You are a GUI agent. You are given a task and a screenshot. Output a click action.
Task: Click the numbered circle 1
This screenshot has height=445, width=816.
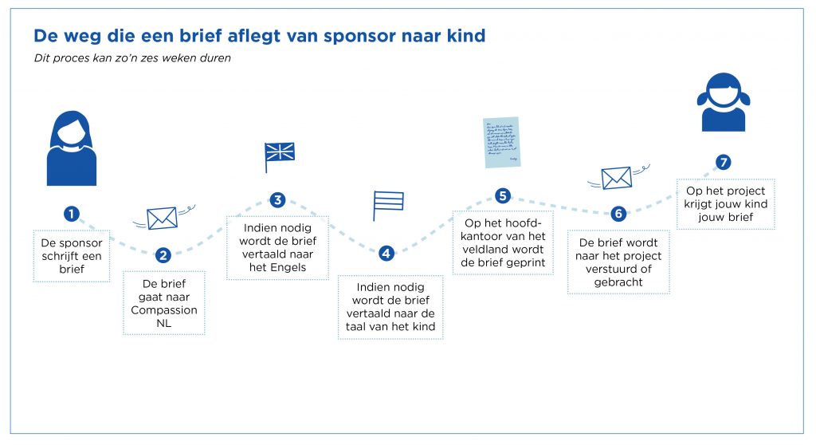[73, 214]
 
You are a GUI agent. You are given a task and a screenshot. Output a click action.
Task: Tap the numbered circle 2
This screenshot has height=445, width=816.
[163, 255]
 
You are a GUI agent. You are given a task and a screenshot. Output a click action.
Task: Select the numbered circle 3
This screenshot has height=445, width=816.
[277, 199]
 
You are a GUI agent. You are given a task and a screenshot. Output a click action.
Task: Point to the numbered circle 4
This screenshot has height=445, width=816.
[386, 254]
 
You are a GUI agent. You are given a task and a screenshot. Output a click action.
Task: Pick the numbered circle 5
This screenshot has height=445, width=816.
[502, 195]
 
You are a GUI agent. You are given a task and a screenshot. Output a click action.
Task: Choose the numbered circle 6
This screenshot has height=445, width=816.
[618, 214]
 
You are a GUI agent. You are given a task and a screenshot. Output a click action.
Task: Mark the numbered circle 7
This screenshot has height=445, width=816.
[724, 162]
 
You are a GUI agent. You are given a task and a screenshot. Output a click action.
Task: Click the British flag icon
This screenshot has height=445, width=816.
[280, 156]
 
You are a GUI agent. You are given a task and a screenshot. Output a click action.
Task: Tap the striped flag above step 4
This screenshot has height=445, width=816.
[388, 205]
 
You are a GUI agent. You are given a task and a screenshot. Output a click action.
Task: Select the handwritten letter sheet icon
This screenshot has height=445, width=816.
[502, 142]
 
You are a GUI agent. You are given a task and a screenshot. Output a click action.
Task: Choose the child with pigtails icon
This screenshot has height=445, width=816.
[724, 102]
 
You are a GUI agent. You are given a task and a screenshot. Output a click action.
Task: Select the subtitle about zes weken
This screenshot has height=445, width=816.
[132, 58]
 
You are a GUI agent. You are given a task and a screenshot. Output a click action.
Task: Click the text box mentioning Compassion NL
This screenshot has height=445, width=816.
[164, 303]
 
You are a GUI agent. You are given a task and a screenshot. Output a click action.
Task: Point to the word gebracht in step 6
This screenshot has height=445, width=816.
[618, 282]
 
